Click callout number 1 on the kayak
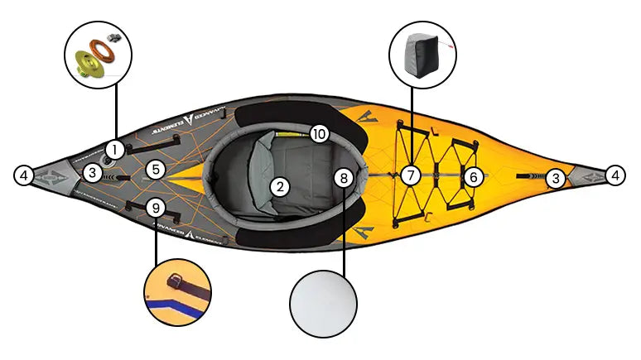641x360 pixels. tap(115, 150)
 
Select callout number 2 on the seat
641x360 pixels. tap(281, 187)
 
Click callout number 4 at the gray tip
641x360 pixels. tap(25, 175)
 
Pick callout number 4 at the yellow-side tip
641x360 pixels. tap(614, 175)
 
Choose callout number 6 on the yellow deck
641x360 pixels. tap(472, 176)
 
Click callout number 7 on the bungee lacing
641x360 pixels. tap(409, 175)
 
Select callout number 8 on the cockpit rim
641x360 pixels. tap(345, 176)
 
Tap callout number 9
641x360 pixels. tap(154, 207)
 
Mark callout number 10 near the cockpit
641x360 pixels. tap(320, 133)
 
